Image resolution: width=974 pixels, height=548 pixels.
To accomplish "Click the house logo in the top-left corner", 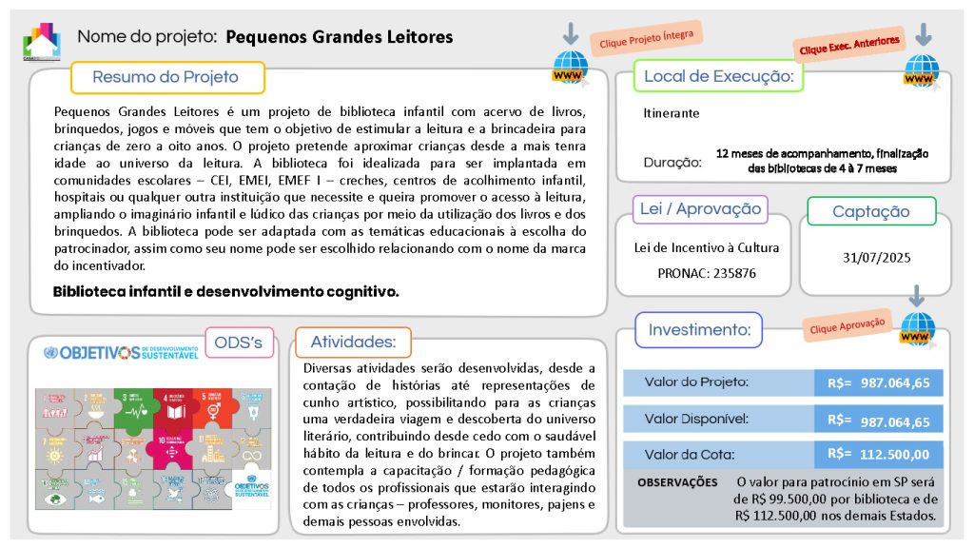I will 42,40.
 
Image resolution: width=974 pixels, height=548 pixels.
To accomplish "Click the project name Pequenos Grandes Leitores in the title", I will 340,37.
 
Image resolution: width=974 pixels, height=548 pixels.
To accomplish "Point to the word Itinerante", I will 671,113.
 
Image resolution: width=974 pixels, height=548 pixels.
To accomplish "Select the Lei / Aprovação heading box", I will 700,209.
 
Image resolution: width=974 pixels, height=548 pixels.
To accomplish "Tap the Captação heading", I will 870,211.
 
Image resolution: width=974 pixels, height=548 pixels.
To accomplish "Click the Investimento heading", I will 699,330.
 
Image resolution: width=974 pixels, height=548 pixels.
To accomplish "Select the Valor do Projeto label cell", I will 696,382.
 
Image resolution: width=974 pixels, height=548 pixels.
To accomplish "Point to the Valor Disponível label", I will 696,419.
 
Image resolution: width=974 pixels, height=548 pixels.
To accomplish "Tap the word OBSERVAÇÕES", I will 677,483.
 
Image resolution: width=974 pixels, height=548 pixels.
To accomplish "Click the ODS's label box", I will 239,342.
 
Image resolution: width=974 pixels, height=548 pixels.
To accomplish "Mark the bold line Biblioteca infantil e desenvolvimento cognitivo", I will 225,291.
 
